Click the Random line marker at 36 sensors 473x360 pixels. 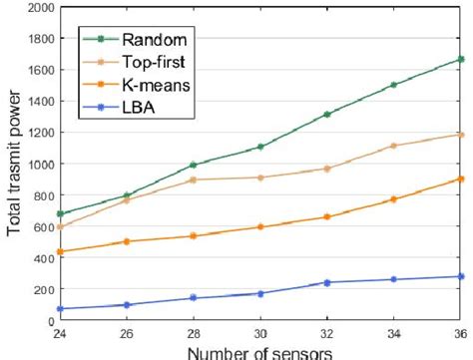[460, 60]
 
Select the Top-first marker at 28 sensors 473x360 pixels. [194, 180]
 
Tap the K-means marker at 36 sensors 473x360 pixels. [460, 179]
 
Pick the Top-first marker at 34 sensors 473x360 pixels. [394, 146]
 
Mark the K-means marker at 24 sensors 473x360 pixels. [60, 251]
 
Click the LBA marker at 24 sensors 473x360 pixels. [60, 309]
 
